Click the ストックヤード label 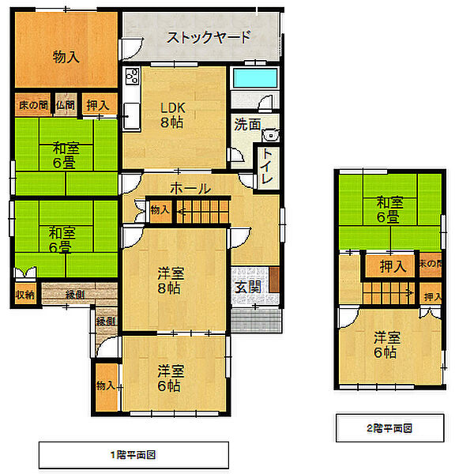(x=209, y=36)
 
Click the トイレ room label (x=268, y=167)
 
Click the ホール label (x=190, y=189)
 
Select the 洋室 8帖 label (x=171, y=281)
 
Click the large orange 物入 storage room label (x=66, y=56)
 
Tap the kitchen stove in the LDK (x=131, y=81)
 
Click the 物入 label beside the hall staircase (x=160, y=209)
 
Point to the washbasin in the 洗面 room (x=269, y=133)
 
